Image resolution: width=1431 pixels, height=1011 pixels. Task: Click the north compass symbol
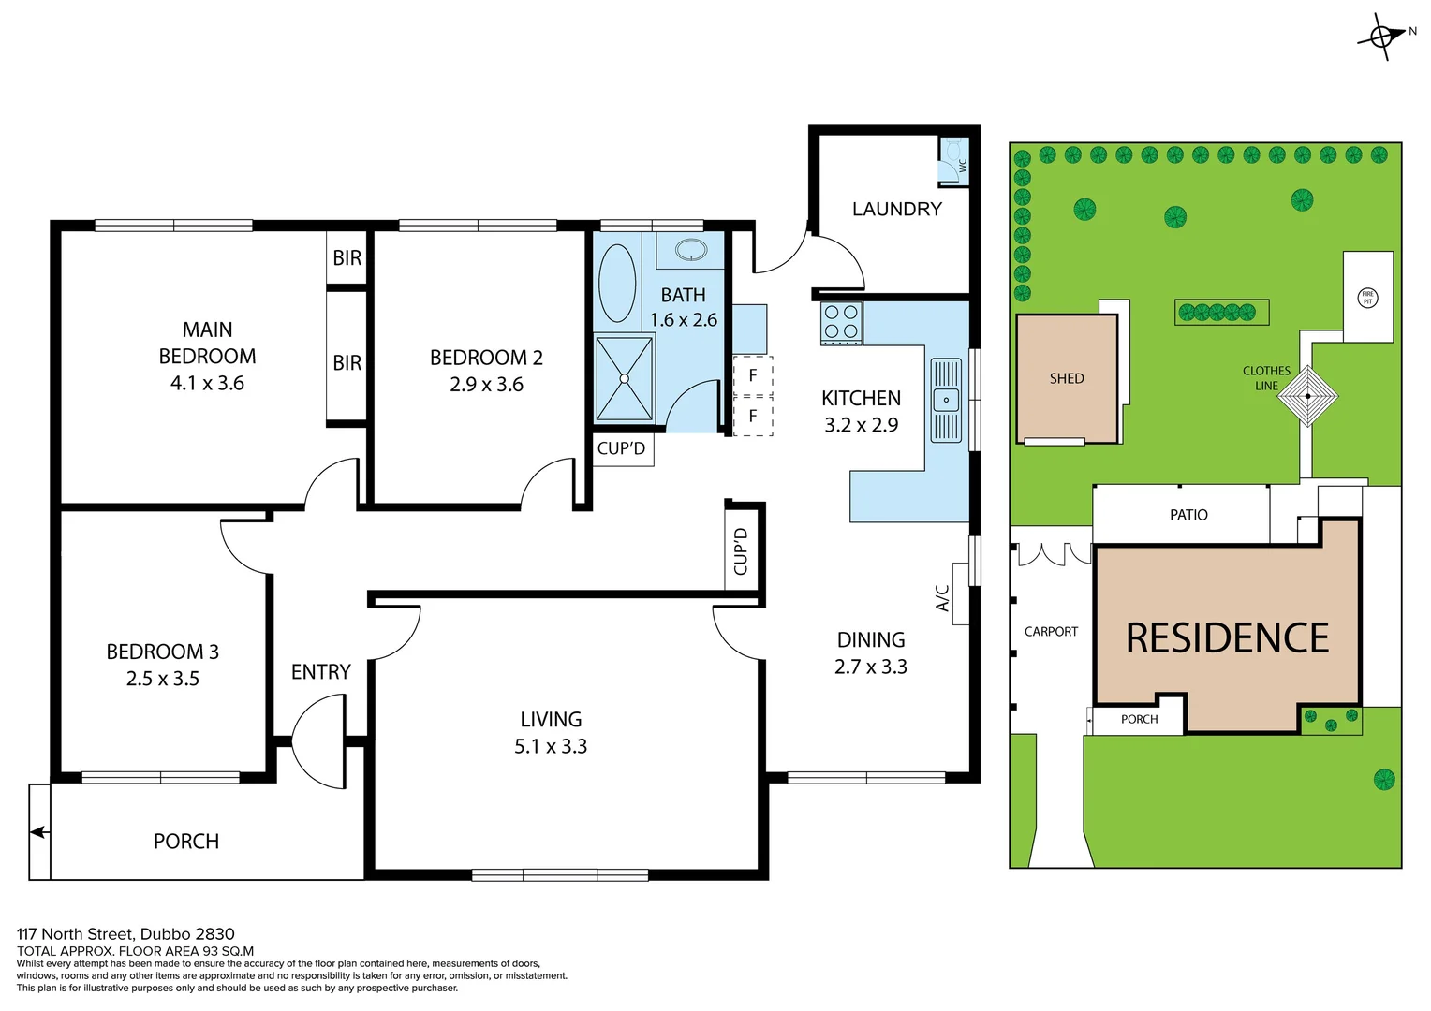click(1382, 37)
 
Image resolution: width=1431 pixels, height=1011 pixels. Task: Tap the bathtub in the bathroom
click(616, 283)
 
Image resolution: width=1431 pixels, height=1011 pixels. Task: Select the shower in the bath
click(625, 378)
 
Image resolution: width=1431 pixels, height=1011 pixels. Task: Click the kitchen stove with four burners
click(841, 322)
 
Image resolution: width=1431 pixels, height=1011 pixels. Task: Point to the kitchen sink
click(946, 400)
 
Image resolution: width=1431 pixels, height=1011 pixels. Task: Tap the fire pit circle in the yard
click(1367, 298)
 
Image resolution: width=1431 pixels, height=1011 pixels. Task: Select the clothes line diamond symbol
click(1308, 396)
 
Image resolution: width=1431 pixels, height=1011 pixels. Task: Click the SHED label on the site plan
click(1067, 378)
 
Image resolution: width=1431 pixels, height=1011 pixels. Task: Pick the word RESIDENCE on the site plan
click(1227, 638)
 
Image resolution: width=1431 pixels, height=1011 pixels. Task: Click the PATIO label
click(1188, 515)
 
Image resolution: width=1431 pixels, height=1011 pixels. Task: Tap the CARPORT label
click(1051, 632)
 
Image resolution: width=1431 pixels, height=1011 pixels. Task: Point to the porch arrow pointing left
click(39, 831)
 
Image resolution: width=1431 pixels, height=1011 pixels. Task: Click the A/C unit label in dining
click(943, 597)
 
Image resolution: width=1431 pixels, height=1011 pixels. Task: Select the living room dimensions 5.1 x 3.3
click(551, 746)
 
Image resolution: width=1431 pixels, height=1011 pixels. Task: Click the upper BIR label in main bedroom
click(347, 258)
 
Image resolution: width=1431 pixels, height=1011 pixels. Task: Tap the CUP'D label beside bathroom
click(621, 448)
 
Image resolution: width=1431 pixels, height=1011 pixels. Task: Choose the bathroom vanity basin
click(691, 250)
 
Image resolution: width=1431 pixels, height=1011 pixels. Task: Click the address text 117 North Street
click(125, 933)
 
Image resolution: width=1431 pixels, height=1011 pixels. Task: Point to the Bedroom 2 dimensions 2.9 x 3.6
click(486, 384)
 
